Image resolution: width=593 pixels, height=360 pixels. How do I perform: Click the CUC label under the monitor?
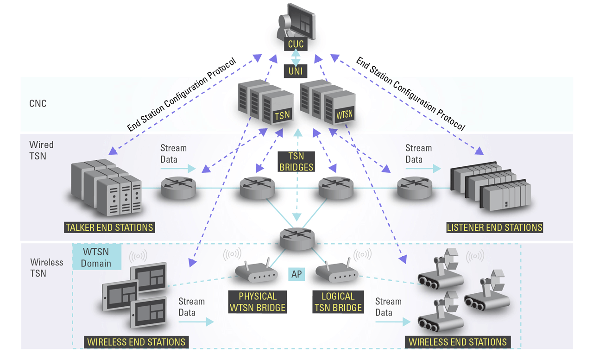point(296,44)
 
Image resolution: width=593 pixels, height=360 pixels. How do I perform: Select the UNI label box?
point(296,71)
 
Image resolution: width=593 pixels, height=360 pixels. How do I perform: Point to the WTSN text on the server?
point(344,115)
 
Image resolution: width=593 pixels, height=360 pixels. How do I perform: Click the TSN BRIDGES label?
point(296,162)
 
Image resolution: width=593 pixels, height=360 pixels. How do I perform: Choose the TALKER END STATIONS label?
point(109,227)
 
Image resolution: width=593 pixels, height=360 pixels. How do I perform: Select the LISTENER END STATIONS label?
point(494,227)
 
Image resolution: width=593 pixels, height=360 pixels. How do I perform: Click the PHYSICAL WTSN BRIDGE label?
point(258,302)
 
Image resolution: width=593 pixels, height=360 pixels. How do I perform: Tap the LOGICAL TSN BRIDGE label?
point(338,302)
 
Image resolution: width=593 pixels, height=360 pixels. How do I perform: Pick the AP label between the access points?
point(296,274)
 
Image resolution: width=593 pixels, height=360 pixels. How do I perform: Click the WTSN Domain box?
point(97,258)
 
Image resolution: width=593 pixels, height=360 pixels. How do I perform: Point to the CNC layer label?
point(38,103)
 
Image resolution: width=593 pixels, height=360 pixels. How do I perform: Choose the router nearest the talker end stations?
point(178,188)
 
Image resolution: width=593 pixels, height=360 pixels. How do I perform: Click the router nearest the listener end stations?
point(415,188)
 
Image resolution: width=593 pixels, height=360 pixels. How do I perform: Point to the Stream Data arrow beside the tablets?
point(197,321)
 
